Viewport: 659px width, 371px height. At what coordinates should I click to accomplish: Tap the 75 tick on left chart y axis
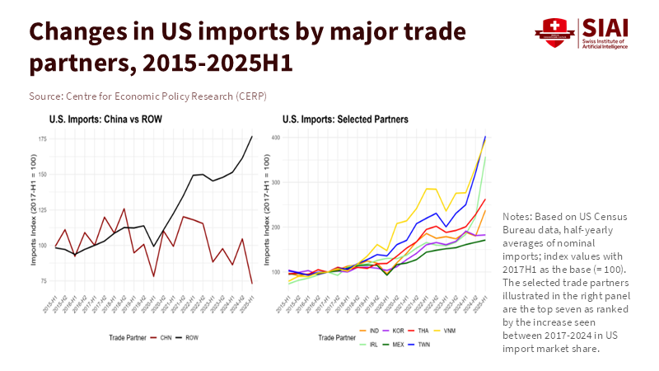[x=43, y=281]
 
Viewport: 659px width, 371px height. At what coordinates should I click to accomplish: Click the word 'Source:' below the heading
[x=47, y=96]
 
